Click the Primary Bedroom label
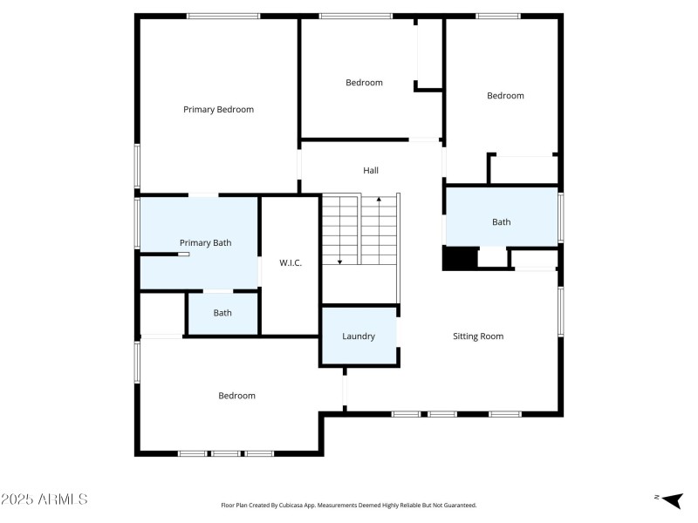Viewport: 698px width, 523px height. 218,110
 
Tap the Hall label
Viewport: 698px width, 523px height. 371,171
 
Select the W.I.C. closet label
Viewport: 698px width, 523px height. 291,263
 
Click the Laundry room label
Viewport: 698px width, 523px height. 359,336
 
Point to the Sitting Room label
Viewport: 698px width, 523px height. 478,336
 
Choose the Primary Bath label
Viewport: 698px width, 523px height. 205,243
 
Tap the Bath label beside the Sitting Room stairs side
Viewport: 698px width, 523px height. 502,222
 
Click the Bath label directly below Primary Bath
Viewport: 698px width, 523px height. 222,313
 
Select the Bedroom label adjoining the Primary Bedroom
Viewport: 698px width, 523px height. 364,83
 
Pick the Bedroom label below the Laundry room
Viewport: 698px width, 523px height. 236,396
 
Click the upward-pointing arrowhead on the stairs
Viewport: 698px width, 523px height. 379,200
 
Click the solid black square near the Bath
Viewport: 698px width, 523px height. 460,259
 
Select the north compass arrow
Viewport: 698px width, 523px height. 671,499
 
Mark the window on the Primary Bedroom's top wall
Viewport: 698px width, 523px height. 223,16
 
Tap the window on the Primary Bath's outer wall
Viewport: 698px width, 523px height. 136,222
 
